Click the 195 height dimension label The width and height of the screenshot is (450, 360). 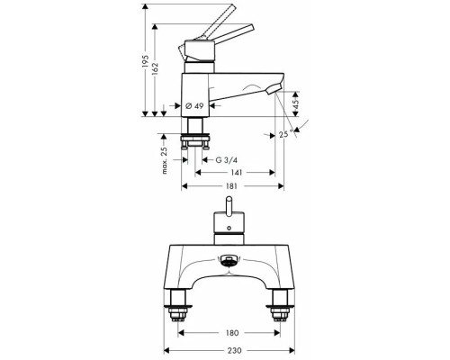pyautogui.click(x=146, y=61)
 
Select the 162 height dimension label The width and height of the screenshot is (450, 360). pyautogui.click(x=155, y=68)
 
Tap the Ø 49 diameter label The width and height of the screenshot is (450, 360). pyautogui.click(x=194, y=105)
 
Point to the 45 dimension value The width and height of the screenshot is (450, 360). pyautogui.click(x=295, y=104)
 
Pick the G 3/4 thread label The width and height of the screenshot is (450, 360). pyautogui.click(x=227, y=160)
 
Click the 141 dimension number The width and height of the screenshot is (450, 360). pyautogui.click(x=237, y=173)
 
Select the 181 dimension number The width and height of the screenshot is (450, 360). pyautogui.click(x=231, y=186)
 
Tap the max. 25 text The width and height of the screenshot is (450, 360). pyautogui.click(x=164, y=160)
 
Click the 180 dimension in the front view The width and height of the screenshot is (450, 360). pyautogui.click(x=232, y=333)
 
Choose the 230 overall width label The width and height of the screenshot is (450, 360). pyautogui.click(x=234, y=350)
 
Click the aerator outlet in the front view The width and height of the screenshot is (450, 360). pyautogui.click(x=229, y=260)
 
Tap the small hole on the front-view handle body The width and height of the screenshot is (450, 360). pyautogui.click(x=229, y=229)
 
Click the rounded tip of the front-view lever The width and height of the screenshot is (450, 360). pyautogui.click(x=229, y=199)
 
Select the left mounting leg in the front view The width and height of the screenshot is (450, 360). pyautogui.click(x=177, y=305)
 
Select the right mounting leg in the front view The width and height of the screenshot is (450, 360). pyautogui.click(x=280, y=305)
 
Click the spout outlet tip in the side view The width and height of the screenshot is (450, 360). pyautogui.click(x=273, y=89)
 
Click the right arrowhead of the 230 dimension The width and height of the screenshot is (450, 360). pyautogui.click(x=292, y=350)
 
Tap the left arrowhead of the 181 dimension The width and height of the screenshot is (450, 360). pyautogui.click(x=184, y=186)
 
